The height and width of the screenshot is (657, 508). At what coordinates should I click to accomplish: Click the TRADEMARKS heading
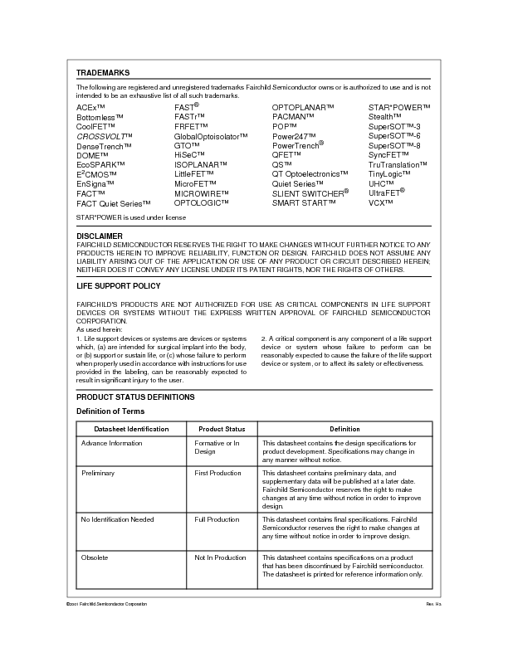102,73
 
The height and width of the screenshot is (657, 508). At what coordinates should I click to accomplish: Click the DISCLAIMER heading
100,236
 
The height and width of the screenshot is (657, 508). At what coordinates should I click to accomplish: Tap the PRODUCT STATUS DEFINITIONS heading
135,397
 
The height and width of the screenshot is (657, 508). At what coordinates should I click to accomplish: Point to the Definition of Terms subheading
110,411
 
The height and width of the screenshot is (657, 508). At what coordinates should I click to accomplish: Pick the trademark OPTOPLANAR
303,108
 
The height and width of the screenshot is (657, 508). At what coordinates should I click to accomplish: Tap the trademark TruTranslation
398,164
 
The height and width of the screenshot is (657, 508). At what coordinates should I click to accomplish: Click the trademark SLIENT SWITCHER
310,192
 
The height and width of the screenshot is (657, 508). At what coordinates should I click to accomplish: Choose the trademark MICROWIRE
202,193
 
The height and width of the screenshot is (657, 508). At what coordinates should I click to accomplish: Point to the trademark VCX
381,202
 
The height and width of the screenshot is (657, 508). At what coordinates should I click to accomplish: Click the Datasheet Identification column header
131,429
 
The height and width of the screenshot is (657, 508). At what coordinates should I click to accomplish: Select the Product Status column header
222,429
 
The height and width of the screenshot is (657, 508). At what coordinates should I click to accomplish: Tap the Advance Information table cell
111,443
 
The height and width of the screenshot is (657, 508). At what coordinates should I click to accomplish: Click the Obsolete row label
95,557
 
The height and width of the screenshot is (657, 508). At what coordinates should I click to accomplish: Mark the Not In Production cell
220,557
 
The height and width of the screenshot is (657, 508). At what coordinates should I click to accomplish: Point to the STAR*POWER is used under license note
130,217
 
